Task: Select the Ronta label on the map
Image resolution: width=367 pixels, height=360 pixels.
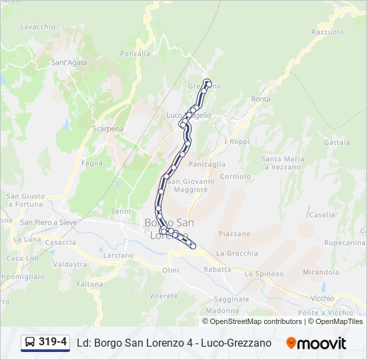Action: (261, 99)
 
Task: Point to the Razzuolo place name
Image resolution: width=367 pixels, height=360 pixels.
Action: (327, 32)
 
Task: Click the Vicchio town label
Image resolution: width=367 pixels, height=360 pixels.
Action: (322, 298)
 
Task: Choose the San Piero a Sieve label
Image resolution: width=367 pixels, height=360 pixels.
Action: (49, 223)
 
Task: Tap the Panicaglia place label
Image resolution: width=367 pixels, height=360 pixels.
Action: (207, 164)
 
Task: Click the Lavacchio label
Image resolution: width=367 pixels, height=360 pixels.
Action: (37, 27)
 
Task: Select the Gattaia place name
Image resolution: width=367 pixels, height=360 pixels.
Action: (336, 143)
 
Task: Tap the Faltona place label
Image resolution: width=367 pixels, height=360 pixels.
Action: (89, 284)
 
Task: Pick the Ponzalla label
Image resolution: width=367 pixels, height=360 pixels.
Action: (135, 53)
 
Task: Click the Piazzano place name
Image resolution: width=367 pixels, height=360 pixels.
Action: (234, 234)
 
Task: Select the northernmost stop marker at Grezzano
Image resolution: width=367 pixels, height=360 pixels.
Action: (208, 83)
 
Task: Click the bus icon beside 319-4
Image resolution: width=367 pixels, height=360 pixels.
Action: (30, 343)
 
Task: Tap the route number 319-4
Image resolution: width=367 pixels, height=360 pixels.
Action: (53, 343)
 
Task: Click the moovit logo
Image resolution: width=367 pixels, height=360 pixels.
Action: (316, 343)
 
